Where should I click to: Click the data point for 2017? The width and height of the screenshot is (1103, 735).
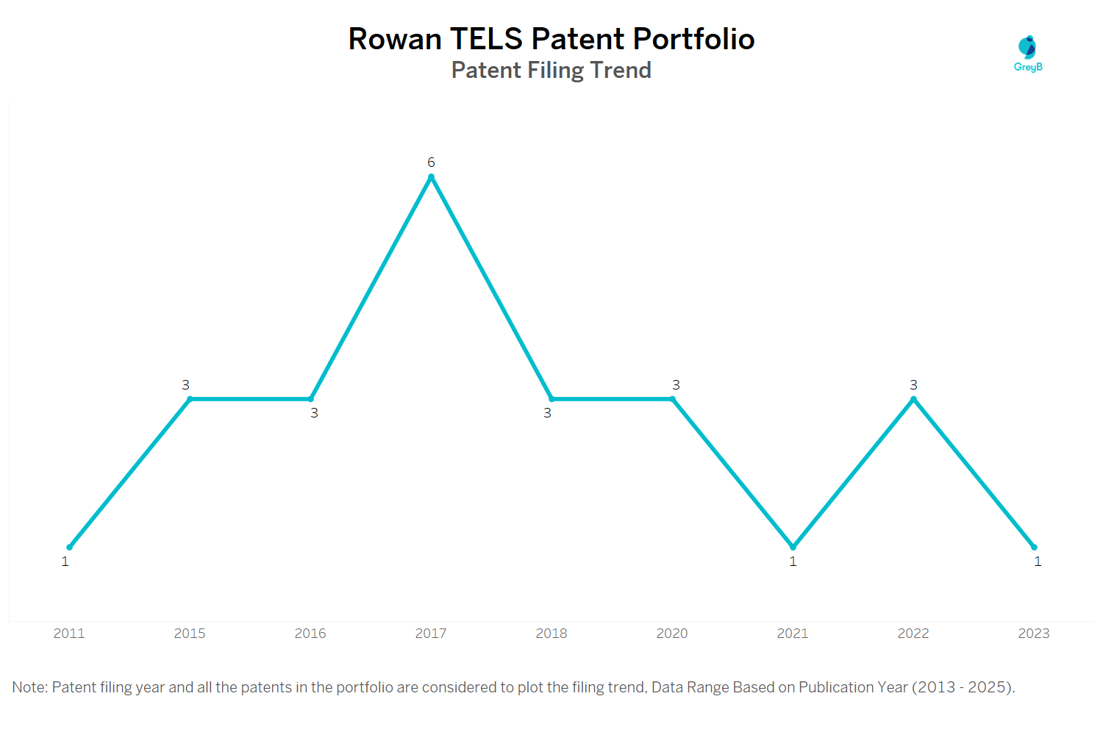tap(431, 177)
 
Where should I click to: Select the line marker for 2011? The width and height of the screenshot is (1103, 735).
tap(70, 547)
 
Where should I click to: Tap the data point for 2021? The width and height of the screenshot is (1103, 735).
tap(793, 547)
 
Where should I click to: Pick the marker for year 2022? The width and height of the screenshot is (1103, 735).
tap(913, 399)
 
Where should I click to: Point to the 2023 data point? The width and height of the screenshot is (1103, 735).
tap(1034, 547)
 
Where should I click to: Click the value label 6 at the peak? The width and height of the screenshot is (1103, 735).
tap(431, 162)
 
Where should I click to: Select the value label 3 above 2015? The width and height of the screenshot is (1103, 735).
tap(186, 385)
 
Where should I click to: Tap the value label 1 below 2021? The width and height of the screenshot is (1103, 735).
tap(793, 562)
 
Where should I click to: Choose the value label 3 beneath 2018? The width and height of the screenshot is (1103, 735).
tap(547, 413)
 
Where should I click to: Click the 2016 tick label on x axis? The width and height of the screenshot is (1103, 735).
tap(310, 634)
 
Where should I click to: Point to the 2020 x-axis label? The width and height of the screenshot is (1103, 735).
tap(672, 634)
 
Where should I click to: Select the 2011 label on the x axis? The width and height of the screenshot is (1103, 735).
tap(69, 634)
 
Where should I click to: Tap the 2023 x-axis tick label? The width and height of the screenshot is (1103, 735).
tap(1034, 634)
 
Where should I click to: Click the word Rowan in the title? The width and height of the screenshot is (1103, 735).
tap(394, 39)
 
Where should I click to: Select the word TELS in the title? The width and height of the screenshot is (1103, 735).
tap(486, 39)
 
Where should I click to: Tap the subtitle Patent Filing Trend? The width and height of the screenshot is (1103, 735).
tap(551, 71)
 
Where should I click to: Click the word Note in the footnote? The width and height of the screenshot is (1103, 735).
tap(29, 687)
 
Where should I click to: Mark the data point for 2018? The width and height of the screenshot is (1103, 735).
tap(551, 399)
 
